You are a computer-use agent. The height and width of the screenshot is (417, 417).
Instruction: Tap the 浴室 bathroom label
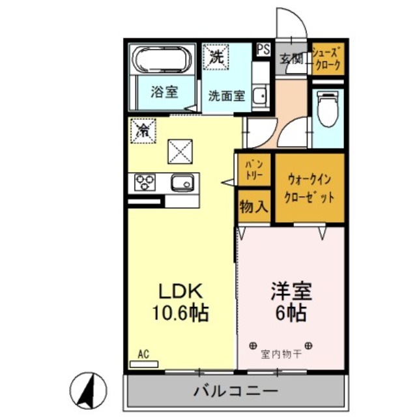point(165,91)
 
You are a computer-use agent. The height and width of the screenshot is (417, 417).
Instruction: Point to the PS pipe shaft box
point(263,50)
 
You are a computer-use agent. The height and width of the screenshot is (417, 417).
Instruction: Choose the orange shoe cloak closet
point(327,58)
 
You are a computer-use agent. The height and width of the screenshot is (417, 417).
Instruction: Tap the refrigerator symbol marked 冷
point(142,130)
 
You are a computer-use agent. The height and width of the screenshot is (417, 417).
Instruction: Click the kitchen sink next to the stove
point(183,183)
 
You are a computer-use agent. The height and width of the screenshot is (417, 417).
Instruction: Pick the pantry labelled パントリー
point(253,171)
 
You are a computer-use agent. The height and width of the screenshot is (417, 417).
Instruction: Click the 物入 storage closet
point(253,207)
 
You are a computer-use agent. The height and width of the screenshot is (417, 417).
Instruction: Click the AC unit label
point(143,354)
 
